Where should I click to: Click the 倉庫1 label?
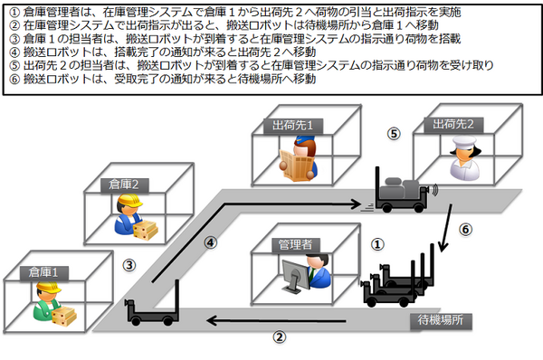tap(43, 272)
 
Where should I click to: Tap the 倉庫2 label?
tap(124, 185)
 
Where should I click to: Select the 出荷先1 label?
tap(293, 126)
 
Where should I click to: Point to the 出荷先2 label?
tap(453, 124)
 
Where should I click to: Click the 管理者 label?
tap(295, 245)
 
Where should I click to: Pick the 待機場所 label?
tap(441, 320)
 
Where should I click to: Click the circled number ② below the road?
tap(280, 336)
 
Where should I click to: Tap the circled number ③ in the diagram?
tap(129, 266)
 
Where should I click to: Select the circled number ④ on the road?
tap(211, 242)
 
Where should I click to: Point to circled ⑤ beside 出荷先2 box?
tap(394, 134)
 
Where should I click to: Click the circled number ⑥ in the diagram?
tap(465, 230)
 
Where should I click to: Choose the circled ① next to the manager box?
tap(377, 244)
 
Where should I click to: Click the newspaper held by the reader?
tap(298, 165)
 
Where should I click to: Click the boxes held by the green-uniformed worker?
tap(63, 316)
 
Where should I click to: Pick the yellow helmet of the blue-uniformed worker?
tap(129, 201)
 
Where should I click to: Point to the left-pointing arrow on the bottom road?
tap(276, 321)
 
